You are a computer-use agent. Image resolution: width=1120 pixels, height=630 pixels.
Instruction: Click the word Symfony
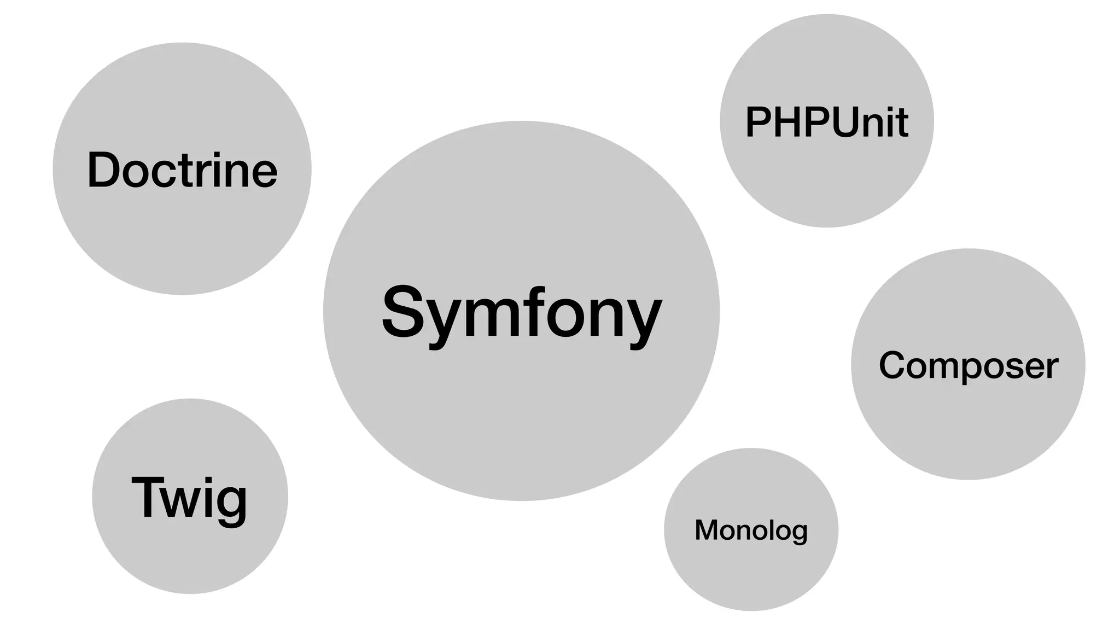521,313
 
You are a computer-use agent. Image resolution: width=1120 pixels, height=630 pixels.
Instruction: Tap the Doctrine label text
182,170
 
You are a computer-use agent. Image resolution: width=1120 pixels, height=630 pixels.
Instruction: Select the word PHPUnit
826,121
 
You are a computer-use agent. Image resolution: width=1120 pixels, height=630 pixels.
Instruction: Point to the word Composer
968,365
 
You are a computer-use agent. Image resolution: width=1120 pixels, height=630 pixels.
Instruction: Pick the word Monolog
751,530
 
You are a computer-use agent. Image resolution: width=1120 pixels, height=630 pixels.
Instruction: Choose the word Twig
189,497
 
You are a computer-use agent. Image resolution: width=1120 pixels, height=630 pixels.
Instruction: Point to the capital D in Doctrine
104,170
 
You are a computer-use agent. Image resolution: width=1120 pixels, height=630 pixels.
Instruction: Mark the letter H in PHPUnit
789,121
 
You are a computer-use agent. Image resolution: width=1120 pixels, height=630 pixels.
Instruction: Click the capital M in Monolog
707,529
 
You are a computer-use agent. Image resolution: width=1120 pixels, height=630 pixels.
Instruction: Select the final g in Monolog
799,533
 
